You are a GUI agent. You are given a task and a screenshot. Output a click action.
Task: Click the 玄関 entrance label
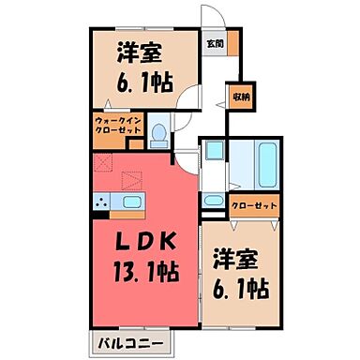[215, 42]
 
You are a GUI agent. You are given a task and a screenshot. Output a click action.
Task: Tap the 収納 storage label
[241, 97]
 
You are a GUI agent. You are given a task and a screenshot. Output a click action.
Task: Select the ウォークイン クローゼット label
[117, 125]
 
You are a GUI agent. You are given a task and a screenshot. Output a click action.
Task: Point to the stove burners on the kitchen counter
[100, 202]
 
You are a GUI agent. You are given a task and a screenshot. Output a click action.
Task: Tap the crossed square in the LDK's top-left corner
[101, 159]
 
